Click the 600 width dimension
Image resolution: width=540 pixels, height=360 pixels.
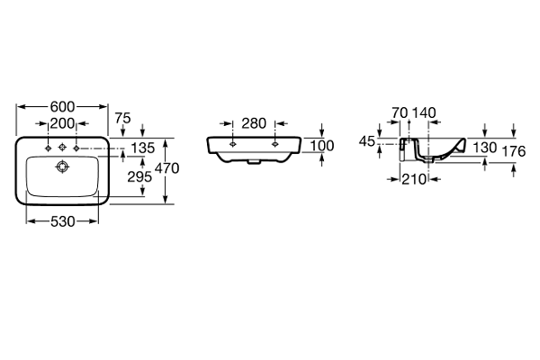[62, 104]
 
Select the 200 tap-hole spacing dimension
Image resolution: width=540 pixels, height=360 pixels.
[62, 122]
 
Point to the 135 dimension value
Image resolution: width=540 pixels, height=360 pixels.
[142, 148]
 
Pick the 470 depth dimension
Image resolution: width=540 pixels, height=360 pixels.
[168, 167]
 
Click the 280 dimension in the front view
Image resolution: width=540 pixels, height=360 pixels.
[253, 122]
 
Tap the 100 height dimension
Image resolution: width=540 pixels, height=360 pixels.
[321, 146]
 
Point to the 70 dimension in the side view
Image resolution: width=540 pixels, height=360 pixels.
[400, 112]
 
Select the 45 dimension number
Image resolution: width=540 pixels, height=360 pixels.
[367, 141]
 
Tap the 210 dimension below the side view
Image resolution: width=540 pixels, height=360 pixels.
[414, 179]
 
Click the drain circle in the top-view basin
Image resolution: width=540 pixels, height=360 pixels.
[62, 166]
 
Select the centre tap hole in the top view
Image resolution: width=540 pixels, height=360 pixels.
[62, 148]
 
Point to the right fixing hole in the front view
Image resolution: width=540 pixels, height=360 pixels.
[275, 142]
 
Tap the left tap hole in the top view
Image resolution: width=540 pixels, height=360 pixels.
[44, 148]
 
